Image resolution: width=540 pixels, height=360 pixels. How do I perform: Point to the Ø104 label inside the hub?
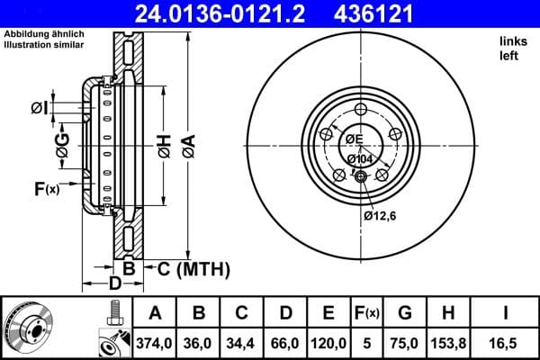click(360, 159)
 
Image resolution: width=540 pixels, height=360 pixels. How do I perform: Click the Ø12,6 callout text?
click(380, 215)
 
